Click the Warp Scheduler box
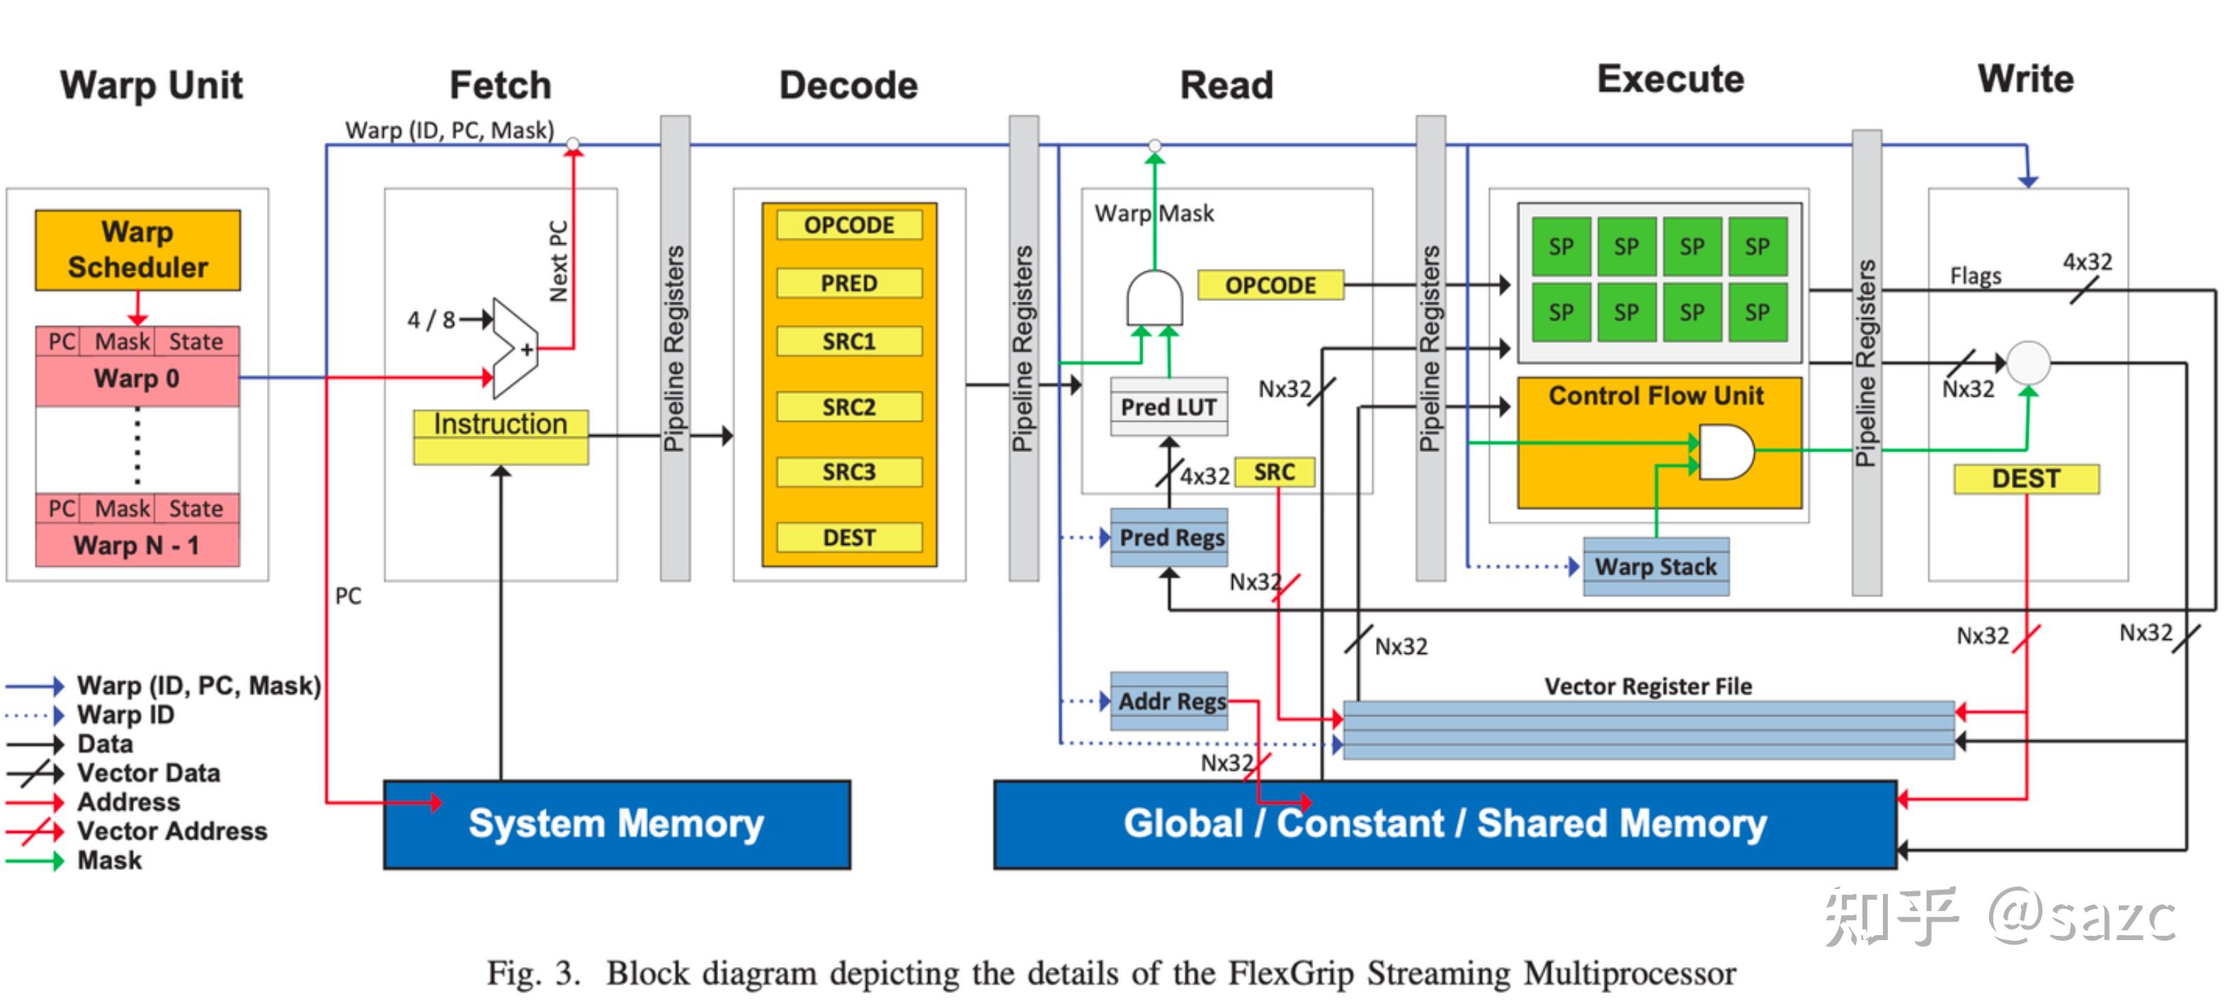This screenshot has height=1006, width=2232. click(138, 249)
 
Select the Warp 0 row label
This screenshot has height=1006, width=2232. click(137, 378)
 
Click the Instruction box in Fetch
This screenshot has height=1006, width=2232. click(500, 424)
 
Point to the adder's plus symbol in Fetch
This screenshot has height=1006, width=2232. click(526, 350)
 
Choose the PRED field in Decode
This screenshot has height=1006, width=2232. click(849, 283)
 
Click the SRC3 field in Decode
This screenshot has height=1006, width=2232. click(849, 473)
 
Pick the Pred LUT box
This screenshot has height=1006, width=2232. click(1169, 407)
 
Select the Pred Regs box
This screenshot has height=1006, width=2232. click(1171, 538)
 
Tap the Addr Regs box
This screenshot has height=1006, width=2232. click(1171, 701)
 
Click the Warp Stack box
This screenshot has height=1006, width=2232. click(1656, 567)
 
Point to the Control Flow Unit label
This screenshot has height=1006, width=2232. click(1656, 396)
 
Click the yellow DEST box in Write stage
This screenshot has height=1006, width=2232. click(2026, 478)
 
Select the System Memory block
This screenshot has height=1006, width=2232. click(617, 824)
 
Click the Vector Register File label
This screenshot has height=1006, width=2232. click(1648, 686)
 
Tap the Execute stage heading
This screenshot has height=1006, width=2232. click(1670, 80)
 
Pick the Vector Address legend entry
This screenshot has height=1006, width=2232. click(171, 831)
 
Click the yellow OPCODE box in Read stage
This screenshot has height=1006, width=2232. click(1270, 285)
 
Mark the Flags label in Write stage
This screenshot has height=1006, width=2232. click(1976, 276)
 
